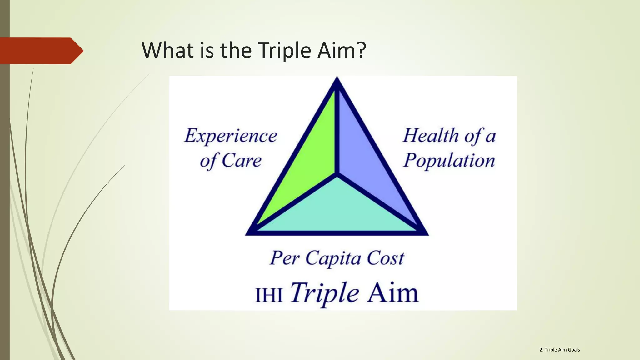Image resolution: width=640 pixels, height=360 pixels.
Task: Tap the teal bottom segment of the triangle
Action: tap(337, 209)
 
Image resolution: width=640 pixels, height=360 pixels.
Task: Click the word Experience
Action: tap(231, 136)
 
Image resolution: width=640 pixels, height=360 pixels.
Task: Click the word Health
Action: tap(431, 136)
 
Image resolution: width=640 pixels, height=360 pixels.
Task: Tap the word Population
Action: tap(449, 161)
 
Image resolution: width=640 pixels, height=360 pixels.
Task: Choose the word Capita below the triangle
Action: tap(333, 259)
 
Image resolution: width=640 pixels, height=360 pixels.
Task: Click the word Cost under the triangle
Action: tap(386, 258)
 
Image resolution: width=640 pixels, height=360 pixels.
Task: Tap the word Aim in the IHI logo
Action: tap(393, 293)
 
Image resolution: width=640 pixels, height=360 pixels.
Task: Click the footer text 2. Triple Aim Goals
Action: tap(559, 350)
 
